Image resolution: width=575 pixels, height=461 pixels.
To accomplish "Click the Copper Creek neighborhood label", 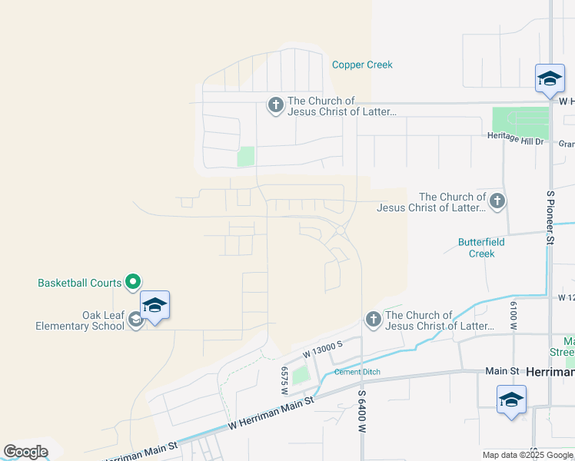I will [362, 65].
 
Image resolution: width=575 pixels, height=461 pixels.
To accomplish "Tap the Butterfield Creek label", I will [481, 247].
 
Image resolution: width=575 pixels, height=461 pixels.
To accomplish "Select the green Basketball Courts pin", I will [132, 283].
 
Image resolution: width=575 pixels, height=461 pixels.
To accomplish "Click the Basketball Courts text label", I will [80, 283].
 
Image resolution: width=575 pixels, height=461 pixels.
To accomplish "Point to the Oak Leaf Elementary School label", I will [80, 320].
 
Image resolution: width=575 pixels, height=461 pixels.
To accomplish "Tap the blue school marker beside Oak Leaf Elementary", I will [155, 306].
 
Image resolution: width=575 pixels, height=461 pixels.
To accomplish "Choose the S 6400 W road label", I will [361, 411].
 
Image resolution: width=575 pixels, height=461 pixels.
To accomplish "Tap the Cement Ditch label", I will [357, 372].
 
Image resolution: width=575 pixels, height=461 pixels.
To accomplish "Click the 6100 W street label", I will [512, 316].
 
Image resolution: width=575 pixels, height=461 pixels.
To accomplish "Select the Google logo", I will [25, 452].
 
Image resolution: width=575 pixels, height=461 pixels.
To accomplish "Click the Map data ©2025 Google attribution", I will [527, 455].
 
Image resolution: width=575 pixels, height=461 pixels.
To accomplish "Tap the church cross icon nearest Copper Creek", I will [275, 105].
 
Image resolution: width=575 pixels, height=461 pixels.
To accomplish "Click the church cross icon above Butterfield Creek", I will [497, 201].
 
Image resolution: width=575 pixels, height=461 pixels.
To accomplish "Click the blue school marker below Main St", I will [511, 400].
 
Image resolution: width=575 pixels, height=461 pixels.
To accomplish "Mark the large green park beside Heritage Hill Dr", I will [520, 122].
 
